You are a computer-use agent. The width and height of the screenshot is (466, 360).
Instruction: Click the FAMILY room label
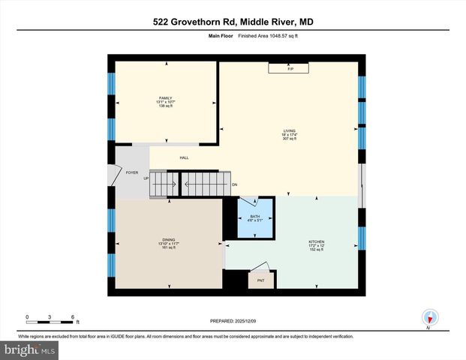pyautogui.click(x=166, y=97)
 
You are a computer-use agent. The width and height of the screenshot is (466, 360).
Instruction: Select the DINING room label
pyautogui.click(x=168, y=239)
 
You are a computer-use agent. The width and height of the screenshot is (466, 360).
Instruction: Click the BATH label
pyautogui.click(x=255, y=216)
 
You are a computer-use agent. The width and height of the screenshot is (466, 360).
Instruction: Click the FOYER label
pyautogui.click(x=132, y=173)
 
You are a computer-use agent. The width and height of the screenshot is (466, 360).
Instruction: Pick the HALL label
pyautogui.click(x=184, y=157)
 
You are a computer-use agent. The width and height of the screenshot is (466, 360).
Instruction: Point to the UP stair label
pyautogui.click(x=146, y=178)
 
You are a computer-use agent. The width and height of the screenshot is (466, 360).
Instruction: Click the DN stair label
pyautogui.click(x=234, y=184)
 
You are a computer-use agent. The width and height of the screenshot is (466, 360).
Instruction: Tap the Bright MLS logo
pyautogui.click(x=30, y=349)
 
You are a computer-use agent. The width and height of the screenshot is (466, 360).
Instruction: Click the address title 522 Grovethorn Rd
pyautogui.click(x=233, y=22)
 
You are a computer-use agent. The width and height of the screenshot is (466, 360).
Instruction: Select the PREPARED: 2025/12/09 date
pyautogui.click(x=232, y=319)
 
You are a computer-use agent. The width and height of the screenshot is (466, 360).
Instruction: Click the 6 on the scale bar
pyautogui.click(x=71, y=316)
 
